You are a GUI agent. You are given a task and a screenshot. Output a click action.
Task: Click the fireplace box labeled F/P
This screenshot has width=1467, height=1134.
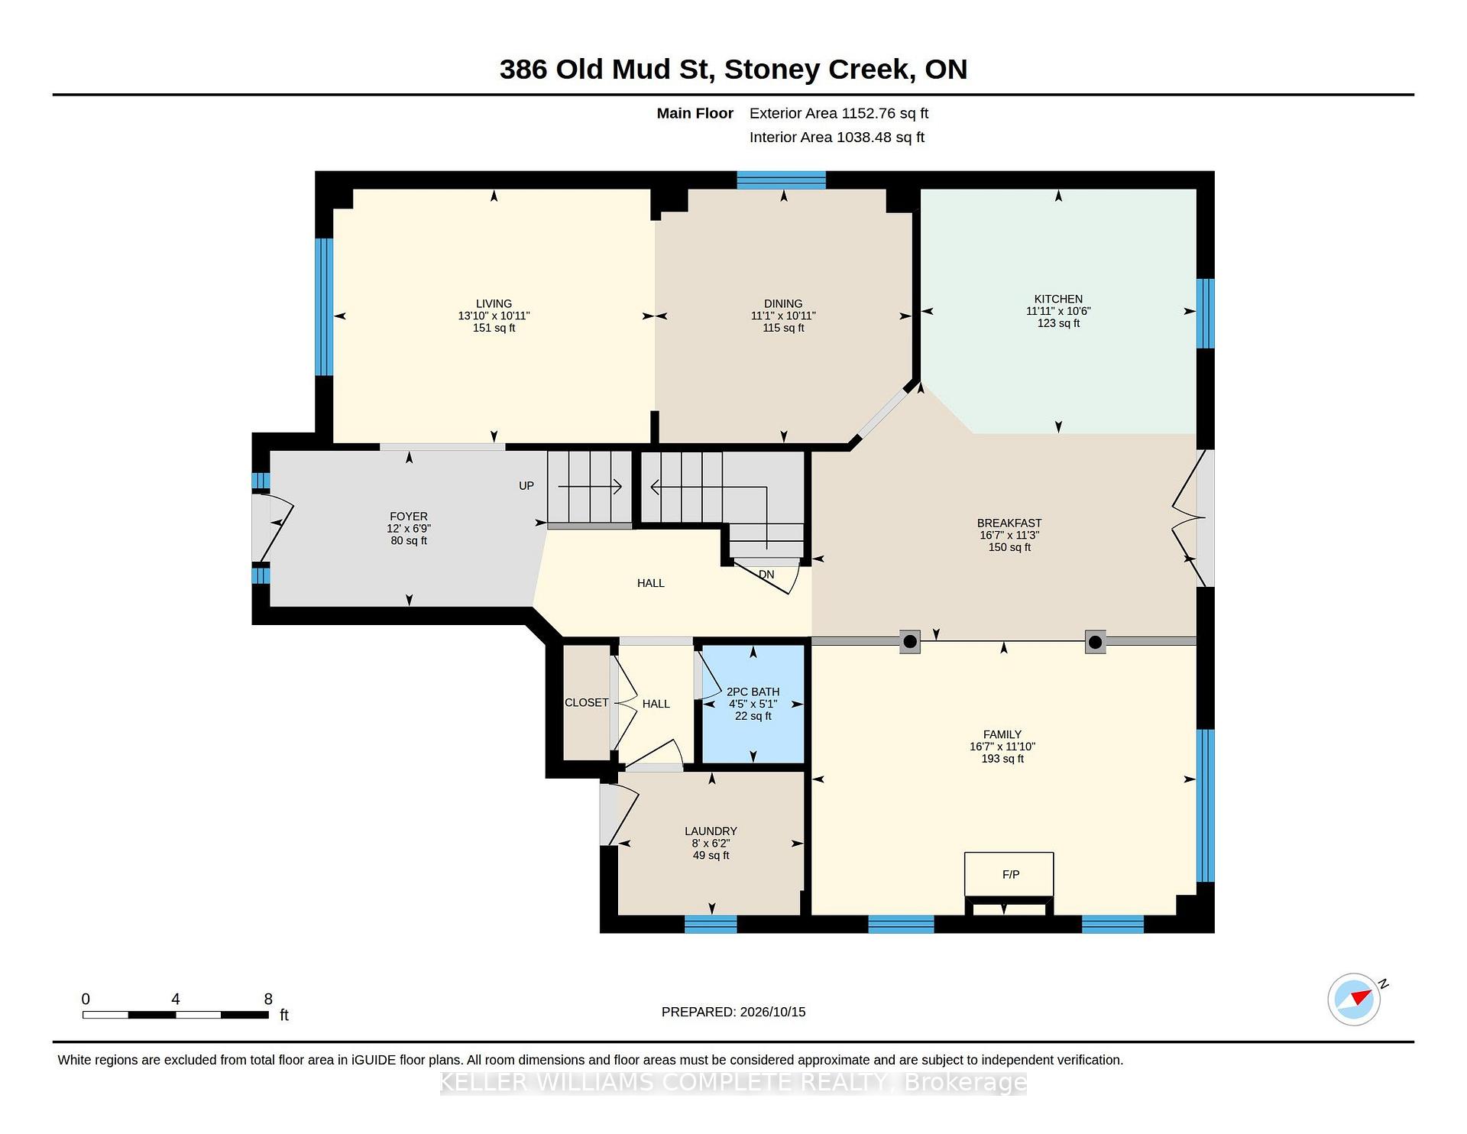[1009, 874]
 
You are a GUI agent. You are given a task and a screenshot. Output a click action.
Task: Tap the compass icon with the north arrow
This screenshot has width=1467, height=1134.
[1355, 999]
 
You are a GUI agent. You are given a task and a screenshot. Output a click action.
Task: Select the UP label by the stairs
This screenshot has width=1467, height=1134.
[526, 486]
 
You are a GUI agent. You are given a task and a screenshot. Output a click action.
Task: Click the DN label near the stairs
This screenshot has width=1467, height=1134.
[766, 575]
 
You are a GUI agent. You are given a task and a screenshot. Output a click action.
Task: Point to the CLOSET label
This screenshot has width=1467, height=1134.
[587, 703]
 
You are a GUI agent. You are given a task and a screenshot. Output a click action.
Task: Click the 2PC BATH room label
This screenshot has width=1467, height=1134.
[753, 692]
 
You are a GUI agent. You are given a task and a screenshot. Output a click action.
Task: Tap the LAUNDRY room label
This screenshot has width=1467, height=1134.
[711, 831]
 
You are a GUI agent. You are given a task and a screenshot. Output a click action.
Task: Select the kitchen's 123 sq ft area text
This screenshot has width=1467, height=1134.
[1058, 323]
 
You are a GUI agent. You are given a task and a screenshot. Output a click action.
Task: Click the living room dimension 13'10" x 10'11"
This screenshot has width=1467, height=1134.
[494, 316]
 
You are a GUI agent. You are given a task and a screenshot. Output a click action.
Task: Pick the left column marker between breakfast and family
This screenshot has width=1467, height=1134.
[909, 642]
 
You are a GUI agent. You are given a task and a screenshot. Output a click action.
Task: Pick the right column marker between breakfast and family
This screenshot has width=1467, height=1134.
[1095, 642]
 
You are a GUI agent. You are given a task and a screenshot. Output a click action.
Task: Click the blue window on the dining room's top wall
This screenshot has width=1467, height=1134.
[781, 180]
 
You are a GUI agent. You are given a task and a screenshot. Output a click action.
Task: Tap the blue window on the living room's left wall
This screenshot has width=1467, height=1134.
[324, 307]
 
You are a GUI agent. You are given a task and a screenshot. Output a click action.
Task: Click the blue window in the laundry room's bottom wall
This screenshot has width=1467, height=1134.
[711, 924]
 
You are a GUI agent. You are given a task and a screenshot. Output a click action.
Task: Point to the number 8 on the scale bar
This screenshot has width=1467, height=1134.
[268, 999]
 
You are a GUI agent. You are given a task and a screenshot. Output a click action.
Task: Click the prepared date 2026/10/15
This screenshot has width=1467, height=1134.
[772, 1012]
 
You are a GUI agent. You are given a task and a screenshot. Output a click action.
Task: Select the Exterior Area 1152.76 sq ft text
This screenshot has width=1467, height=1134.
[839, 114]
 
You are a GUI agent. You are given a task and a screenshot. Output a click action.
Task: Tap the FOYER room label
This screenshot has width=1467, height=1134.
[409, 517]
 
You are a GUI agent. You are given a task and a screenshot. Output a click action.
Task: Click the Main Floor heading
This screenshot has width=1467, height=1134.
[695, 114]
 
